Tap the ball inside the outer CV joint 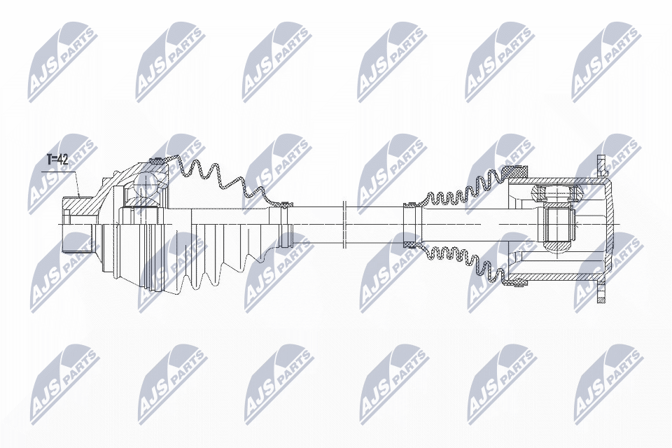[146, 183]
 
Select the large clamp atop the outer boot [159, 162]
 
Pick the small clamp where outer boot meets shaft [284, 206]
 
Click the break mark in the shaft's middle [344, 224]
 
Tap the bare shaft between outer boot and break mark [315, 224]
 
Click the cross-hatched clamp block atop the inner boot [518, 171]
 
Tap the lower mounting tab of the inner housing [600, 292]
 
